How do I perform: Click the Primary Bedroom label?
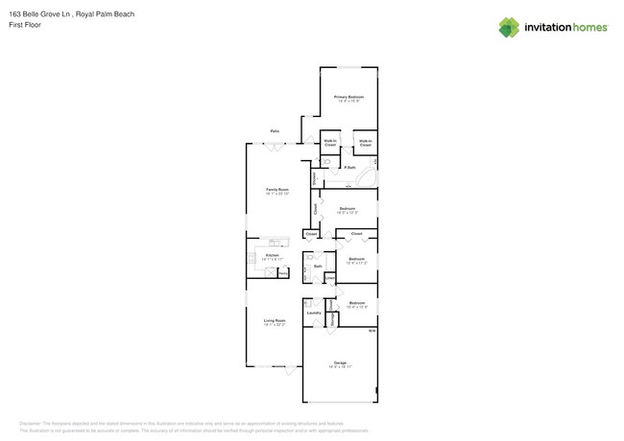pos(348,98)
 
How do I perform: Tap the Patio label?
pos(275,130)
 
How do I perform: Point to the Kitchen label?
pos(272,254)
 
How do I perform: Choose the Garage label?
pos(341,362)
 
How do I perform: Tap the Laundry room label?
pos(313,313)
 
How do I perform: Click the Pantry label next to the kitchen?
pos(283,273)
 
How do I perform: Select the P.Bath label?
pos(350,168)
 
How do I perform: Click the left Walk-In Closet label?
pos(329,143)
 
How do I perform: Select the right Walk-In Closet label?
pos(365,143)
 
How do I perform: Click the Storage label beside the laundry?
pos(332,319)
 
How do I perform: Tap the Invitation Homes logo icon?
pos(510,28)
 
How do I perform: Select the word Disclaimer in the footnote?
pos(35,423)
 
